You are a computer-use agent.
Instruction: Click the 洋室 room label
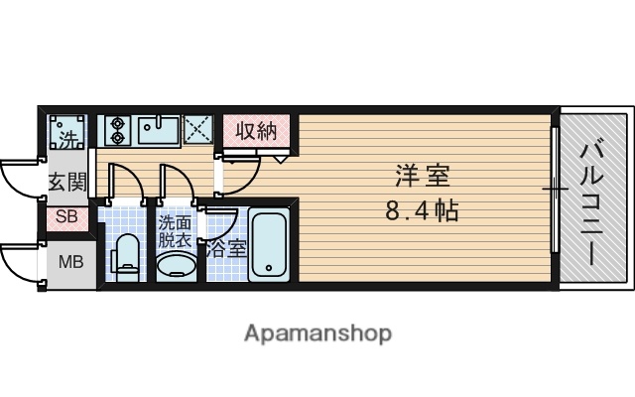tap(423, 177)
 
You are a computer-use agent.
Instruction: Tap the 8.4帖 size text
tap(422, 210)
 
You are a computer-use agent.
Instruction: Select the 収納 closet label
tap(256, 130)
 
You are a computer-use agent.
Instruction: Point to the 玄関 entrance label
tap(66, 182)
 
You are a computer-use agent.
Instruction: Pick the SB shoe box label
tap(67, 217)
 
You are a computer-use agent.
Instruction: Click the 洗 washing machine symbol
tap(66, 134)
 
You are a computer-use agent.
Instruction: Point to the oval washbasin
tap(176, 265)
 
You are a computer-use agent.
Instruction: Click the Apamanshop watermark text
tap(317, 333)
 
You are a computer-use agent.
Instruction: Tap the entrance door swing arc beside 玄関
tap(20, 176)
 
